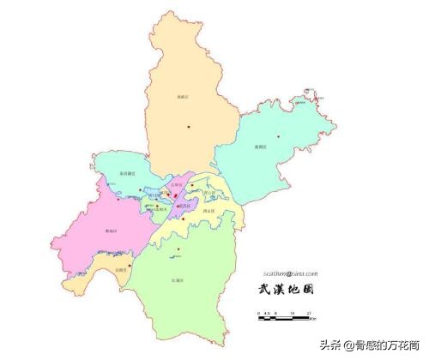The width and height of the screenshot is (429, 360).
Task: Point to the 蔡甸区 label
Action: (109, 231)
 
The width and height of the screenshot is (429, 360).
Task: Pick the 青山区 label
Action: (209, 192)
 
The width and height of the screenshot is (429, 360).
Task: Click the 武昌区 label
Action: (184, 206)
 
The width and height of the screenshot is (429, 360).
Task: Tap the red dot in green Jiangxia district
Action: (178, 250)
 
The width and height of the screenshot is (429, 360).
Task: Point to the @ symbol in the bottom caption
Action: (347, 346)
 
